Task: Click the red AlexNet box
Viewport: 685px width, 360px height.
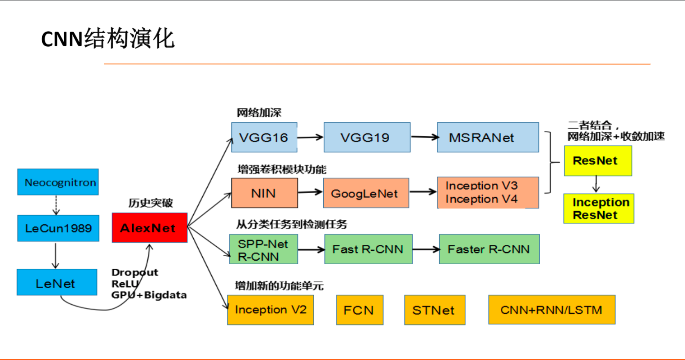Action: pyautogui.click(x=150, y=228)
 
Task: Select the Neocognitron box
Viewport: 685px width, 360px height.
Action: pyautogui.click(x=58, y=182)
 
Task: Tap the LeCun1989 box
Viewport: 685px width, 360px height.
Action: pyautogui.click(x=58, y=228)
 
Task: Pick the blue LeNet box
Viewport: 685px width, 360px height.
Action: pyautogui.click(x=57, y=282)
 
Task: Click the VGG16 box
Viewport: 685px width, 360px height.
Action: pyautogui.click(x=264, y=138)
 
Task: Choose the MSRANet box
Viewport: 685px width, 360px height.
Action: pyautogui.click(x=488, y=138)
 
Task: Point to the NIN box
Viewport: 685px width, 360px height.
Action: pyautogui.click(x=265, y=193)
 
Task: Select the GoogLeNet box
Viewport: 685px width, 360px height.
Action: pyautogui.click(x=366, y=193)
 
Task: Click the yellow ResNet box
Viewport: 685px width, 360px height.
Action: pyautogui.click(x=598, y=161)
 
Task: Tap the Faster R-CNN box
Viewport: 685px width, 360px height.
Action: pyautogui.click(x=489, y=249)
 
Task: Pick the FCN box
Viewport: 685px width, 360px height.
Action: pyautogui.click(x=360, y=310)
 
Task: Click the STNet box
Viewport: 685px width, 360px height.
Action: pyautogui.click(x=435, y=310)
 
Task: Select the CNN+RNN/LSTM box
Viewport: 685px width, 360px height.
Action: pyautogui.click(x=552, y=310)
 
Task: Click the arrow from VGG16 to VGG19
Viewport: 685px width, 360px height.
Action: pyautogui.click(x=310, y=138)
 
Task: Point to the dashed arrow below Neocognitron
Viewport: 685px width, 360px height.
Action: pyautogui.click(x=56, y=205)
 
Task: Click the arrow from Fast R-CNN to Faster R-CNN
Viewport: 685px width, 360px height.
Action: pyautogui.click(x=426, y=249)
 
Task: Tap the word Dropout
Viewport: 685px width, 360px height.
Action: pyautogui.click(x=135, y=272)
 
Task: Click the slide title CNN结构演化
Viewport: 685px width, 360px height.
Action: pyautogui.click(x=108, y=39)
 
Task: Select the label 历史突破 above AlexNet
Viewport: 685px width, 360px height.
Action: pyautogui.click(x=151, y=203)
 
